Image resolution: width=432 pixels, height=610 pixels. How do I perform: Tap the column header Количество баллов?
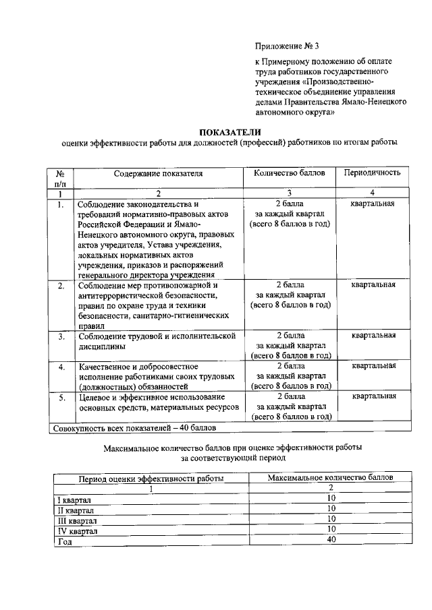pyautogui.click(x=290, y=173)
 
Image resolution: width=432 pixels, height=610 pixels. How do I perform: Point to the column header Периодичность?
pyautogui.click(x=373, y=173)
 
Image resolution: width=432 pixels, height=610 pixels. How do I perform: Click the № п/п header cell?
pyautogui.click(x=60, y=178)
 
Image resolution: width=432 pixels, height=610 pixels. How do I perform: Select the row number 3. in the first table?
pyautogui.click(x=61, y=336)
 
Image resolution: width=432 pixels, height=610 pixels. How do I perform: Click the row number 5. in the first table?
pyautogui.click(x=61, y=398)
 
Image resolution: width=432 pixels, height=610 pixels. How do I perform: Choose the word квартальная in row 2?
pyautogui.click(x=373, y=284)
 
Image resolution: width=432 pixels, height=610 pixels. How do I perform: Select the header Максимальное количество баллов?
pyautogui.click(x=331, y=477)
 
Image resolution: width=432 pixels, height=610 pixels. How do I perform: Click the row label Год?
pyautogui.click(x=65, y=542)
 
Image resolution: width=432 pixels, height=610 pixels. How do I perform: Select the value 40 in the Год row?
pyautogui.click(x=331, y=541)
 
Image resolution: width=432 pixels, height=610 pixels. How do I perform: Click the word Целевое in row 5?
pyautogui.click(x=94, y=398)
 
